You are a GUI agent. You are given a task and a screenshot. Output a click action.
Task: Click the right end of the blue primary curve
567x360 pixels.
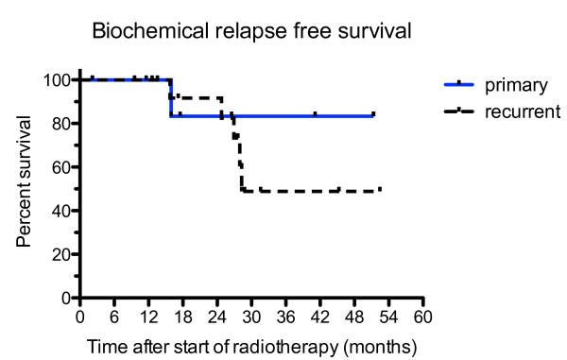374,115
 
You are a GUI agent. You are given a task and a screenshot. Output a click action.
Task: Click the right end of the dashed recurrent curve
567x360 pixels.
379,190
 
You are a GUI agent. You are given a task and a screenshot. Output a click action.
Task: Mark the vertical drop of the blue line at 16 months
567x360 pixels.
171,98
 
